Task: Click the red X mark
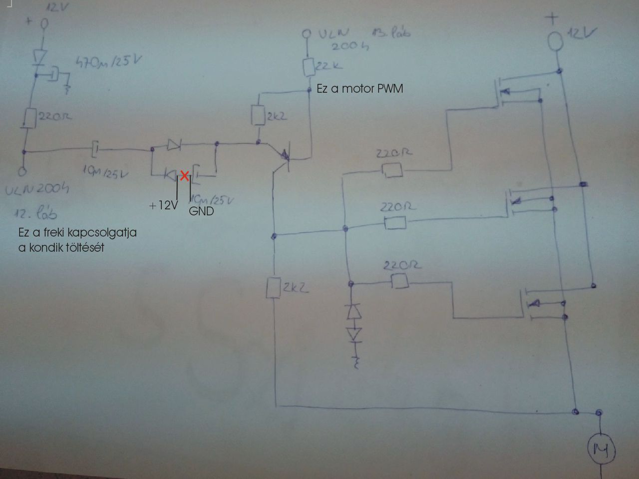(x=184, y=175)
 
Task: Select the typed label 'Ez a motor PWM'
(x=359, y=89)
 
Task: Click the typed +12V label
(x=163, y=205)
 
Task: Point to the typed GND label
(x=201, y=211)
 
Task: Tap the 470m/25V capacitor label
(x=108, y=63)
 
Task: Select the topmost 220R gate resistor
(x=392, y=170)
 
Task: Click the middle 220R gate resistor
(x=395, y=223)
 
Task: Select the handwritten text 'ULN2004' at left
(x=38, y=190)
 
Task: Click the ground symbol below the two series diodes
(x=356, y=361)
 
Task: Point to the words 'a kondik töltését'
(x=61, y=247)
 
